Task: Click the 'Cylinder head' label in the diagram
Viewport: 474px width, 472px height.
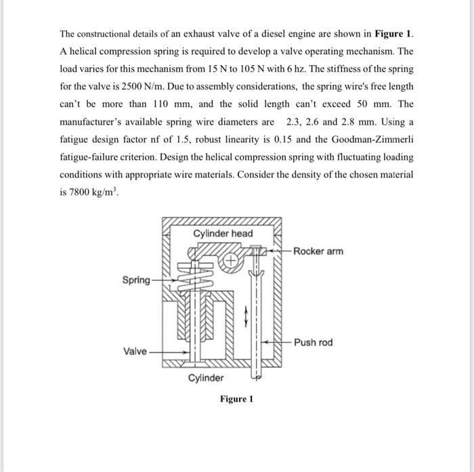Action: [223, 234]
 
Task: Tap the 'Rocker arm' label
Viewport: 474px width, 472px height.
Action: [318, 251]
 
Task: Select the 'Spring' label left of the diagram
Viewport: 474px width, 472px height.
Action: [137, 279]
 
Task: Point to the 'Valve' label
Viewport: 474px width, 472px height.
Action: [135, 351]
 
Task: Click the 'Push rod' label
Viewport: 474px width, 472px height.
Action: [314, 343]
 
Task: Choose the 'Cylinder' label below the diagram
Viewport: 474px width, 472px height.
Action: [206, 378]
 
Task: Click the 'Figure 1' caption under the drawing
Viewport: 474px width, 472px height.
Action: [236, 399]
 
